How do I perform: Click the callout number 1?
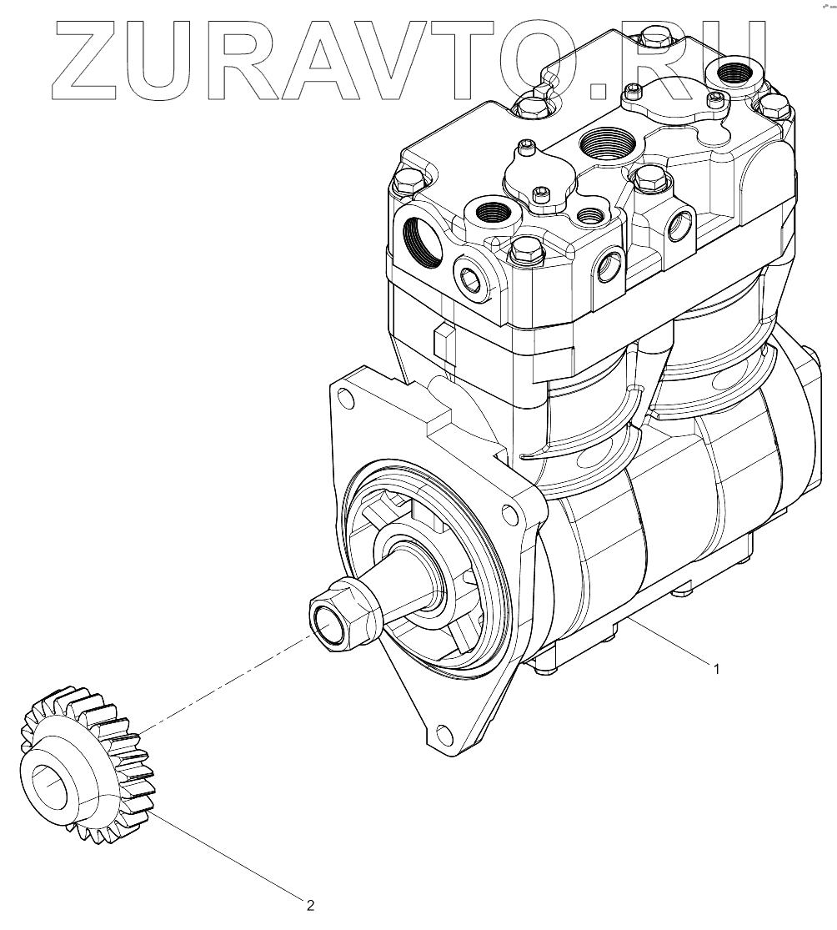tap(717, 669)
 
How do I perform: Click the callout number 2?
tap(310, 905)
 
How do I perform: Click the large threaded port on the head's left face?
tap(423, 241)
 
